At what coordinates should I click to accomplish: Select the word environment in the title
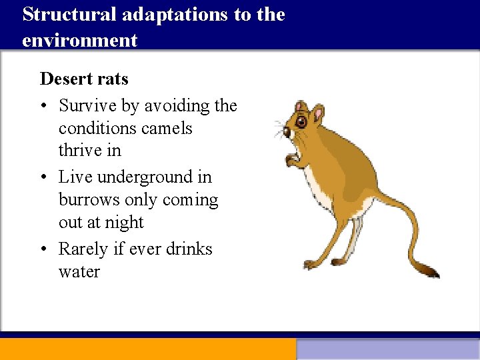79,40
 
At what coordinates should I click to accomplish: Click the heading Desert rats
84,79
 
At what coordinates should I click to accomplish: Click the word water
79,272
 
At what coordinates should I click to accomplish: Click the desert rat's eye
301,122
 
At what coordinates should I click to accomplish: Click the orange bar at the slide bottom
147,349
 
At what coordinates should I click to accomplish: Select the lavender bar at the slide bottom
387,349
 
